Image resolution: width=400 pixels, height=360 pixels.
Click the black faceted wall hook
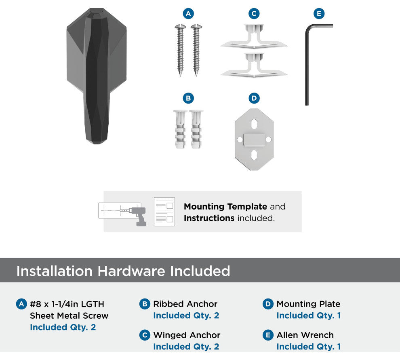97,76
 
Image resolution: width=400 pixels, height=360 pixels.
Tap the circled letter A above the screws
188,13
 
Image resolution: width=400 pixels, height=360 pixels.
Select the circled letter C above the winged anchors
254,13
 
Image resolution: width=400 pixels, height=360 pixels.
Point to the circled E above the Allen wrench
319,13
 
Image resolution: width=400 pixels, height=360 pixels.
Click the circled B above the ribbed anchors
188,98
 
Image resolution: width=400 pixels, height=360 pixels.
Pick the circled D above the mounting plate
254,98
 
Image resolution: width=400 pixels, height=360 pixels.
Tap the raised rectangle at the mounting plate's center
254,140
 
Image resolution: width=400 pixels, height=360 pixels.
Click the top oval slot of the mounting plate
254,124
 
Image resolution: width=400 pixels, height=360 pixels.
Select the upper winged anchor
254,36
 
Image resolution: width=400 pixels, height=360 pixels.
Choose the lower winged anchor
254,65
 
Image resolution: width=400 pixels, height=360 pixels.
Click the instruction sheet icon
164,212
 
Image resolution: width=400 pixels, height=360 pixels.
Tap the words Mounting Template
225,206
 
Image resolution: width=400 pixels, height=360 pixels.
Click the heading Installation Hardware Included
123,271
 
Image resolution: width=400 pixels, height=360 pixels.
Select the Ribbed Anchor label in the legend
185,304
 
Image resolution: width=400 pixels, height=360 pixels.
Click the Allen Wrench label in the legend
305,335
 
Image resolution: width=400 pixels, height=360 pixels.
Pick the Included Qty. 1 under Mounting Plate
309,316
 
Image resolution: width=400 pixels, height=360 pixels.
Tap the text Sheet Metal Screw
69,316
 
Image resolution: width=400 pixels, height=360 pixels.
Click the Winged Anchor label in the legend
187,335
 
